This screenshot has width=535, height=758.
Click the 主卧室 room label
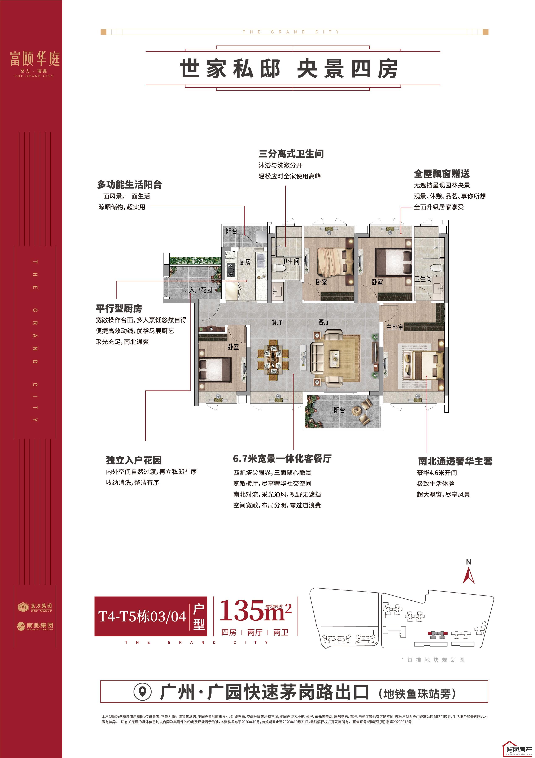(x=395, y=327)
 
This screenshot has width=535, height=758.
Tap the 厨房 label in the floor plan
(x=245, y=262)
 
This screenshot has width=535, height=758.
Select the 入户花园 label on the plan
(x=201, y=290)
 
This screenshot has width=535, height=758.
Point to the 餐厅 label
(x=277, y=322)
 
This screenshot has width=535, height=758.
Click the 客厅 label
(x=323, y=322)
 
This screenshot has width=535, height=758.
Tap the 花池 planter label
(x=198, y=260)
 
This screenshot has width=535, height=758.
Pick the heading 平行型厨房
(x=119, y=309)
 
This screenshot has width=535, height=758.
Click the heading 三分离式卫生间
(x=291, y=154)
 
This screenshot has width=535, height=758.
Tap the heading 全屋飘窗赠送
(x=442, y=174)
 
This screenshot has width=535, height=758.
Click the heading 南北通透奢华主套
(x=455, y=461)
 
